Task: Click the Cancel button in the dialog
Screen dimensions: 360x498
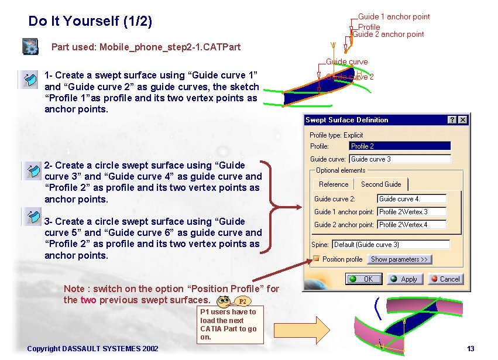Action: coord(444,279)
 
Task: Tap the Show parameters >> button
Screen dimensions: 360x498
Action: coord(399,259)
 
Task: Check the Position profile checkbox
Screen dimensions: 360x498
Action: coord(316,259)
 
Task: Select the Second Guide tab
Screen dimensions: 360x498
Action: coord(381,184)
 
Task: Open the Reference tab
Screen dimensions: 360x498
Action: coord(334,184)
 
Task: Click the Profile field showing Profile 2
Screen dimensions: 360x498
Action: coord(400,146)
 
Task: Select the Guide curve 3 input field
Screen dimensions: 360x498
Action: coord(400,159)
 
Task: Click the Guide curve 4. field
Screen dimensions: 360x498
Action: coord(412,199)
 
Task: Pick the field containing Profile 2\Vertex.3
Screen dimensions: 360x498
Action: coord(412,212)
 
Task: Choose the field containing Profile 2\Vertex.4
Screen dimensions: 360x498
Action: coord(412,225)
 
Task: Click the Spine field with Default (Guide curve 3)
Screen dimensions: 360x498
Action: coord(391,245)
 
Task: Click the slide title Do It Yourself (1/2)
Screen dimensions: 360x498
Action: coord(90,22)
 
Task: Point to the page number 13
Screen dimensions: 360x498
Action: coord(470,349)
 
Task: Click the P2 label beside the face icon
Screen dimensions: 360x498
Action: coord(243,301)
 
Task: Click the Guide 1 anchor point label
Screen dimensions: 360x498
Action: coord(393,17)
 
